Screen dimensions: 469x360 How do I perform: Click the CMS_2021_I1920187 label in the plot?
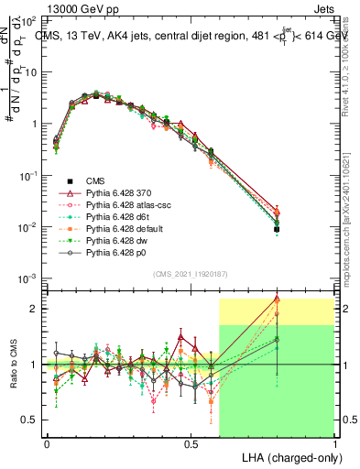point(191,273)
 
